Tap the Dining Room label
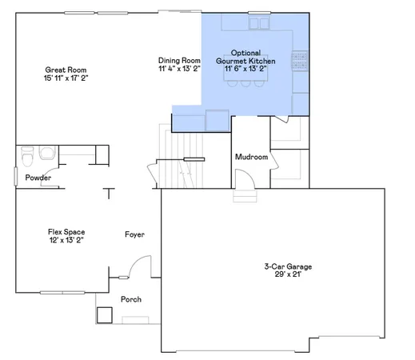[178, 61]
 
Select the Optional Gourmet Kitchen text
[246, 57]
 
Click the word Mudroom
[250, 157]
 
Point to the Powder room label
[38, 178]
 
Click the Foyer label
[134, 234]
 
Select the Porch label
[131, 300]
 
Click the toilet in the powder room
[28, 154]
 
